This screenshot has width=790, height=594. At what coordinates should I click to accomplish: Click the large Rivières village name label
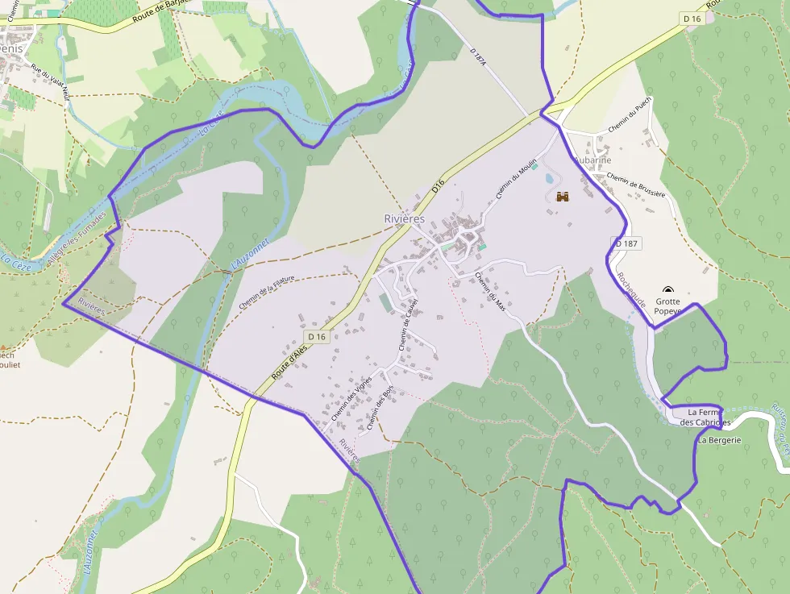(405, 218)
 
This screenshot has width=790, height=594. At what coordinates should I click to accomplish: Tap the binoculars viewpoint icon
(563, 196)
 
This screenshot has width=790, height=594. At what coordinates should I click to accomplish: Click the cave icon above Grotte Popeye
(667, 290)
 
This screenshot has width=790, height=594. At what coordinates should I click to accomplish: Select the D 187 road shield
(626, 243)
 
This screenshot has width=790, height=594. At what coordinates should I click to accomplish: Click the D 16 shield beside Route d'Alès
(317, 336)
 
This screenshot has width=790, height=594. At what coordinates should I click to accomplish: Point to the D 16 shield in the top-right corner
(692, 18)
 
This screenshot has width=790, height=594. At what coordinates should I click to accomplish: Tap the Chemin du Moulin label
(516, 179)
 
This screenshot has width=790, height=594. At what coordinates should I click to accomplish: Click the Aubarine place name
(592, 160)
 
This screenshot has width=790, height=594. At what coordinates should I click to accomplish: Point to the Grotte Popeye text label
(667, 306)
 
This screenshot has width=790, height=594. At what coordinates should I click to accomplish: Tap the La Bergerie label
(720, 440)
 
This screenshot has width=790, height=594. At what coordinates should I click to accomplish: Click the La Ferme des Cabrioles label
(705, 417)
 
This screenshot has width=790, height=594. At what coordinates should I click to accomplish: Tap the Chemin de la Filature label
(267, 293)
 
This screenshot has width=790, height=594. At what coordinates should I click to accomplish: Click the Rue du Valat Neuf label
(51, 81)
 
